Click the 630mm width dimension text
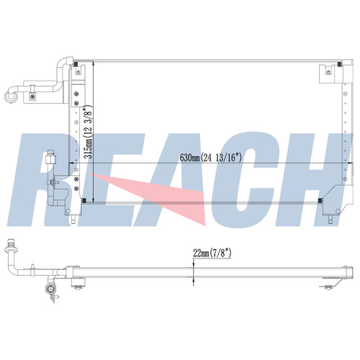point(211,158)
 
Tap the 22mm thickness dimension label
point(212,253)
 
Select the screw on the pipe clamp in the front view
point(32,96)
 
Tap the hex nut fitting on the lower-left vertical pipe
point(50,159)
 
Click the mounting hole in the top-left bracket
point(78,72)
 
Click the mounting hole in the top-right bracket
point(329,72)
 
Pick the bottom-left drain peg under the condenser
point(74,219)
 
